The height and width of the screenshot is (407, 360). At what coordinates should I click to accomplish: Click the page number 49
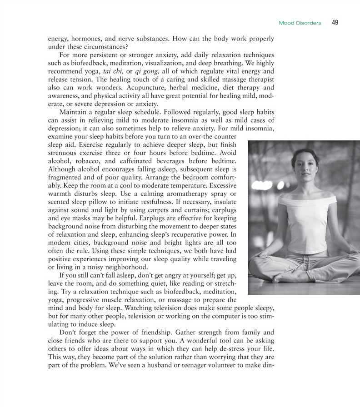click(335, 22)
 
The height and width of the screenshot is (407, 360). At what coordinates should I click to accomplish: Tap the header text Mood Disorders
click(300, 23)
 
